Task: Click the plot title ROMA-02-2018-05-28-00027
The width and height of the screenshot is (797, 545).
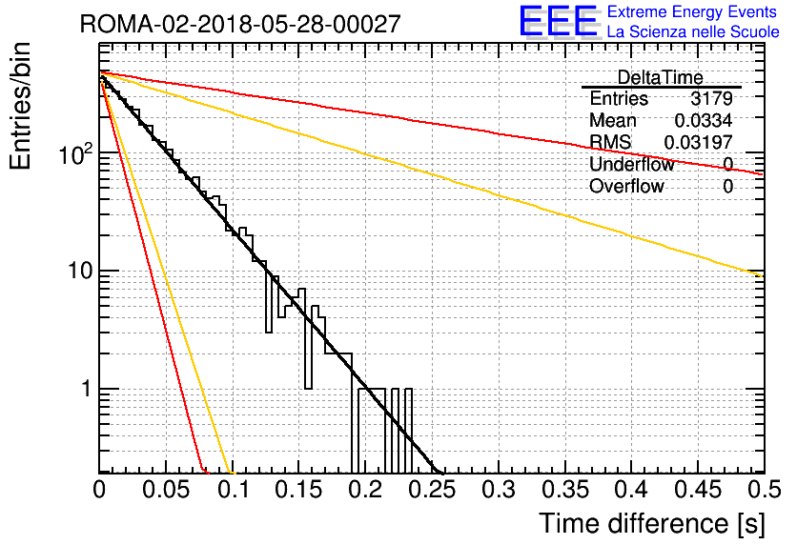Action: coord(240,24)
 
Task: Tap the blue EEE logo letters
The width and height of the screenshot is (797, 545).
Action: coord(559,21)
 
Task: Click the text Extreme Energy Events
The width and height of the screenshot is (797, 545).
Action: coord(692,11)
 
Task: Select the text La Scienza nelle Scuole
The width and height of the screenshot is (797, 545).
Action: coord(693,31)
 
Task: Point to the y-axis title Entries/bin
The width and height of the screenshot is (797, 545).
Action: coord(20,106)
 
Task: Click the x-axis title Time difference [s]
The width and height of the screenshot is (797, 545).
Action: coord(652,524)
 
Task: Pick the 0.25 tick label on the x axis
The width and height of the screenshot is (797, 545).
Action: coord(432,490)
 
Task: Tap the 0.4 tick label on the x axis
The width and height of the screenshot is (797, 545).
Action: coord(632,490)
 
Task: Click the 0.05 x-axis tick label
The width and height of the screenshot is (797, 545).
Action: coord(166,490)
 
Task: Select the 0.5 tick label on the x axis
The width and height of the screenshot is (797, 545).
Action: coord(764,490)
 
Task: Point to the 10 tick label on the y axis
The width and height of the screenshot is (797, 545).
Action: coord(80,271)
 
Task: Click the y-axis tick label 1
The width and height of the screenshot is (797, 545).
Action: coord(87,389)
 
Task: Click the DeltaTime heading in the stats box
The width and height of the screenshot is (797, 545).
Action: coord(661,77)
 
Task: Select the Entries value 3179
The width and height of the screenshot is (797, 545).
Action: coord(711,98)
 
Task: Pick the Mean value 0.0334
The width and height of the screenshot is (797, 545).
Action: coord(704,120)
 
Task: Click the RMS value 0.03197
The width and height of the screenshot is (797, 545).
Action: coord(699,142)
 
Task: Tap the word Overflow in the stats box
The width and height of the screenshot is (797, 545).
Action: coord(626,187)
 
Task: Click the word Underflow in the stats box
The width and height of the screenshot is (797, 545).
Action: coord(632,164)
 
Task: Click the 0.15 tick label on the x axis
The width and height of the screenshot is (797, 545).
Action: coord(299,490)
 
